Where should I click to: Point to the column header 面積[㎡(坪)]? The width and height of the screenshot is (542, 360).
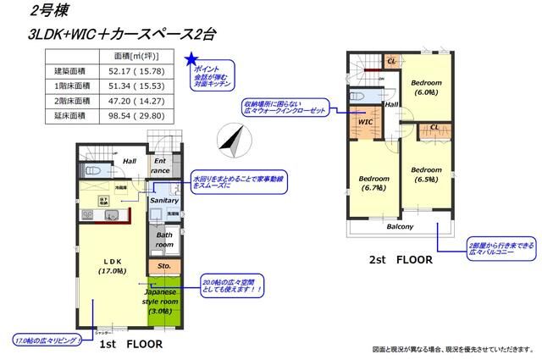click(139, 55)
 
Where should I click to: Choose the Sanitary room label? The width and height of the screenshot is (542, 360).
click(163, 201)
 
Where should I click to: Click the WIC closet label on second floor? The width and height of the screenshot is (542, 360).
click(366, 121)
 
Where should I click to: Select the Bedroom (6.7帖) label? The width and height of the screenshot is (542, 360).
click(373, 184)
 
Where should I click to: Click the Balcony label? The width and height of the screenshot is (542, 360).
click(400, 227)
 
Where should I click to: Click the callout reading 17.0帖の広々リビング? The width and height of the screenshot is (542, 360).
click(45, 340)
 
